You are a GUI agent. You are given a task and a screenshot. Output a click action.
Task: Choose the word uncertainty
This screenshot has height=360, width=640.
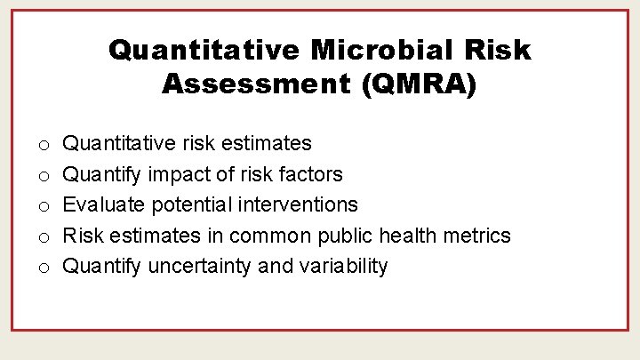pyautogui.click(x=200, y=267)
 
